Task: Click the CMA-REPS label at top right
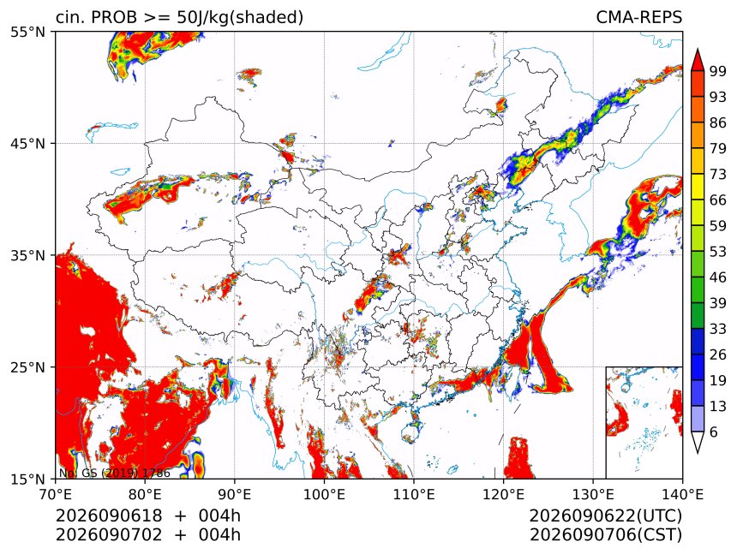point(638,17)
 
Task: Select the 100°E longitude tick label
point(324,494)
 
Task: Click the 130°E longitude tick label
point(593,494)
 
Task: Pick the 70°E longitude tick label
point(56,494)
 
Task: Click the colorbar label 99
point(718,71)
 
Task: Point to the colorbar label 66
point(718,200)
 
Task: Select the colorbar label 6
point(714,432)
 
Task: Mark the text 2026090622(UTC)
point(605,515)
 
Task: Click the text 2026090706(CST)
point(605,535)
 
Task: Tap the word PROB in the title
point(110,17)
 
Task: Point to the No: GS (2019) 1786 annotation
point(115,473)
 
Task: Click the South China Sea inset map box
point(644,422)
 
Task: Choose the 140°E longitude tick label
point(682,494)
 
